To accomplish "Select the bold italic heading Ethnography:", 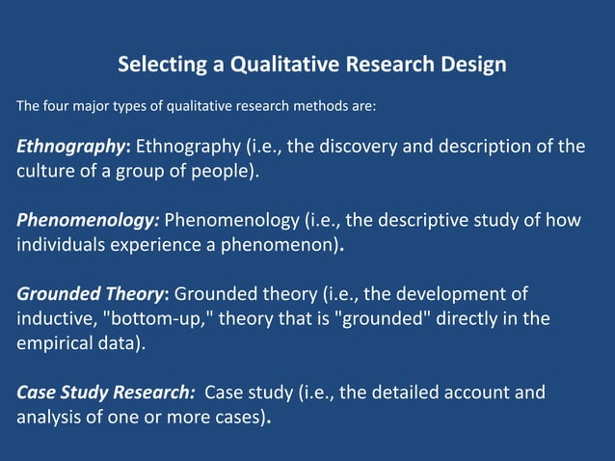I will (x=73, y=147).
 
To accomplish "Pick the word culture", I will (x=45, y=172).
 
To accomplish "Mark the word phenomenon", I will (x=288, y=245).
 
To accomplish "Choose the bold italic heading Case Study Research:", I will (x=106, y=393).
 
